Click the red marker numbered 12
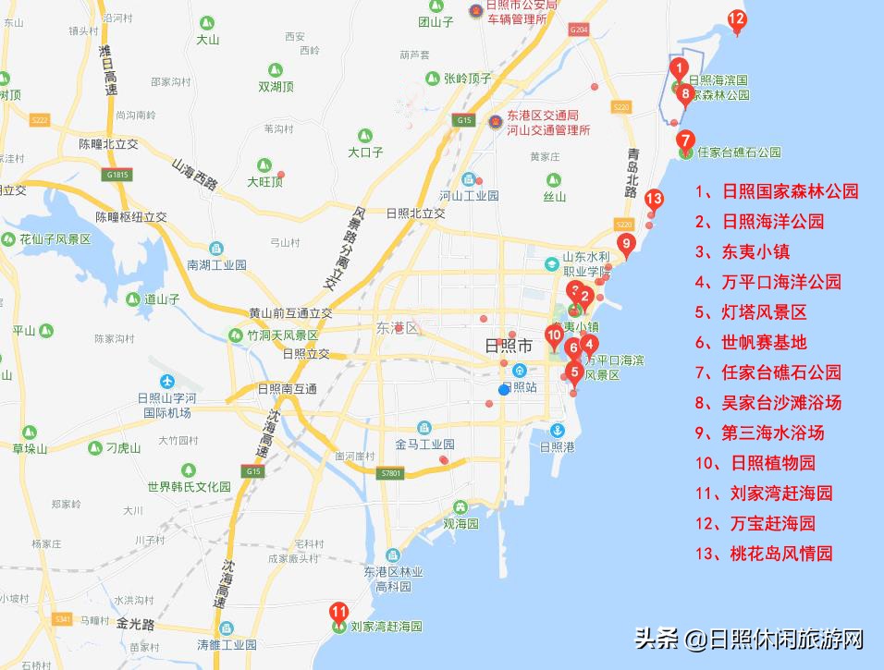[737, 19]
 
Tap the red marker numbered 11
[339, 612]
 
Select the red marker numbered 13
[654, 200]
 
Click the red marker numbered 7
[685, 141]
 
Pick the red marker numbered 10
[555, 336]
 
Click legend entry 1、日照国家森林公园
[777, 191]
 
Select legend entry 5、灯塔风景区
[751, 312]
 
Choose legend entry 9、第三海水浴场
[759, 432]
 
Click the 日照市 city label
[510, 347]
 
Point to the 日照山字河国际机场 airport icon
[166, 382]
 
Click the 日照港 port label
[558, 446]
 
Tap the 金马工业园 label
[424, 445]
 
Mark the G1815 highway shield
[117, 174]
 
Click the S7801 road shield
[391, 473]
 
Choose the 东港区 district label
[398, 328]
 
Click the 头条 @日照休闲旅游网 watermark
[748, 639]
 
